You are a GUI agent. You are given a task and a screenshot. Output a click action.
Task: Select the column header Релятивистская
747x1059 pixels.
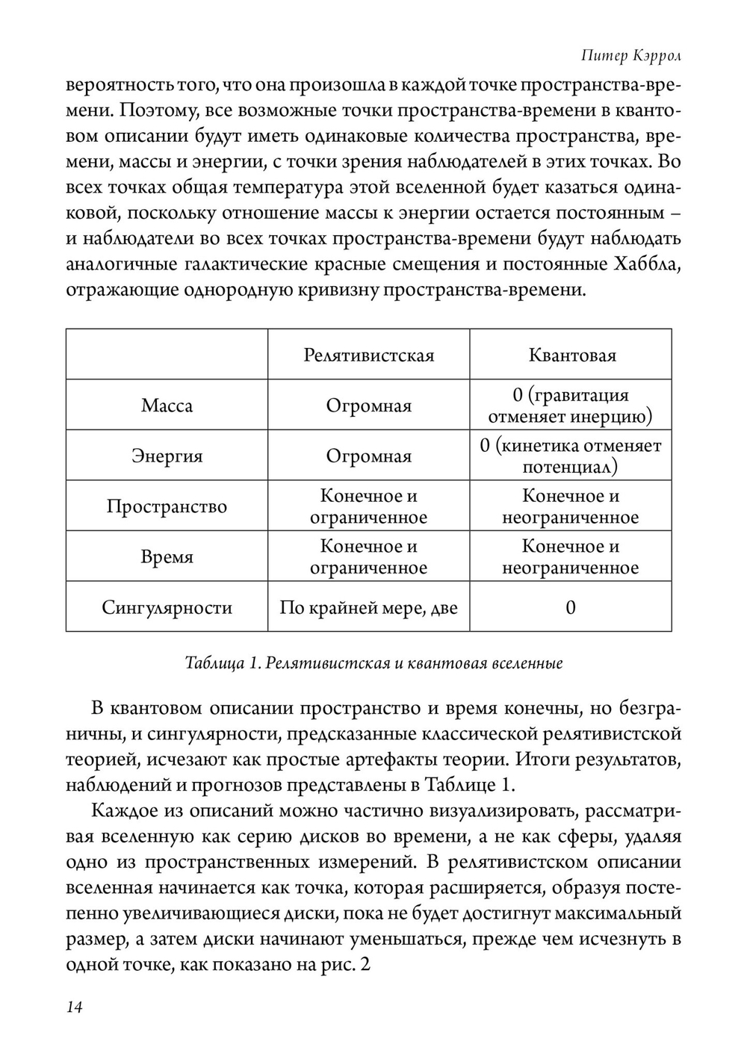[368, 355]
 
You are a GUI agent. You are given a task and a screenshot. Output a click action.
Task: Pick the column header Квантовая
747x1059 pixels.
[571, 355]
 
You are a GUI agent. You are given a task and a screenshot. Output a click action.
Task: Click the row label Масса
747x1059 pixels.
[167, 406]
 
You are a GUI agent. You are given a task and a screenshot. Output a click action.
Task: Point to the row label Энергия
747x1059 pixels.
[167, 456]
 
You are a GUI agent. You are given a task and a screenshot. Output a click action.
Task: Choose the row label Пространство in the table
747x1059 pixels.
[167, 506]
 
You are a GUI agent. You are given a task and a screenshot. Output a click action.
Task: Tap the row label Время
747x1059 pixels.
[167, 557]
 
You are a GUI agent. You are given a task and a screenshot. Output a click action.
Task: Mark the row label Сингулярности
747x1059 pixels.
[167, 607]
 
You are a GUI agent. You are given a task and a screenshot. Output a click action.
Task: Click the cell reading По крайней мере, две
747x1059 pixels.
[368, 607]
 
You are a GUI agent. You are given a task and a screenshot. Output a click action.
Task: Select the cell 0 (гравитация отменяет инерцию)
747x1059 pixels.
[571, 406]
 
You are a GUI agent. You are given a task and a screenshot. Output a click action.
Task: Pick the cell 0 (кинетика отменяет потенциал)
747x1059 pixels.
[571, 456]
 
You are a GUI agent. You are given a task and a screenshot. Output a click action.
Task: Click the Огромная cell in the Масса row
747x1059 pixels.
[368, 406]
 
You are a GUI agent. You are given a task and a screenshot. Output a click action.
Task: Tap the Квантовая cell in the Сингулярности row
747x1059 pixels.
[571, 607]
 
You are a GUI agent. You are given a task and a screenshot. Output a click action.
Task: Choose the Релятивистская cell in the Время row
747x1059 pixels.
[368, 557]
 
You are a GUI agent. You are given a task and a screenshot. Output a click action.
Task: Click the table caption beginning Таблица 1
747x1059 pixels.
[373, 663]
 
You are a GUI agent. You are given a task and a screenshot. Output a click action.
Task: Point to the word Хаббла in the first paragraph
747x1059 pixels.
[647, 264]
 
